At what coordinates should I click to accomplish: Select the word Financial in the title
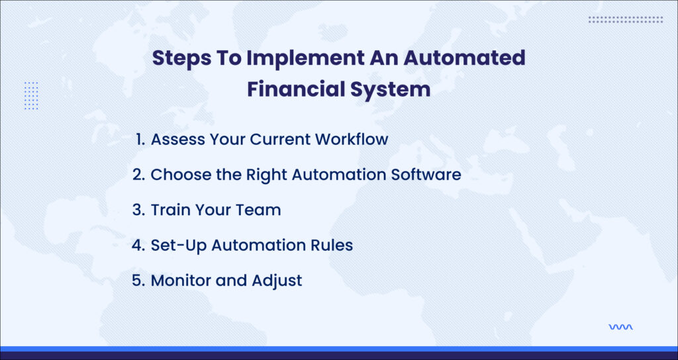click(295, 89)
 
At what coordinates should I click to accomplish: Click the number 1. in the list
click(140, 139)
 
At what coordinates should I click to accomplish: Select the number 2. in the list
click(138, 175)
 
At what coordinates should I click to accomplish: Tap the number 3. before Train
click(138, 210)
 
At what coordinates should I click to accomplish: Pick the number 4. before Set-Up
click(138, 246)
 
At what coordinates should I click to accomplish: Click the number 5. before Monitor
click(138, 281)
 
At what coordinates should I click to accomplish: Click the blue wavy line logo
click(620, 327)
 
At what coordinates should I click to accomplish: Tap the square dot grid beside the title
click(31, 95)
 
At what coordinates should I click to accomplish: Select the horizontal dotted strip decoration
click(625, 19)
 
